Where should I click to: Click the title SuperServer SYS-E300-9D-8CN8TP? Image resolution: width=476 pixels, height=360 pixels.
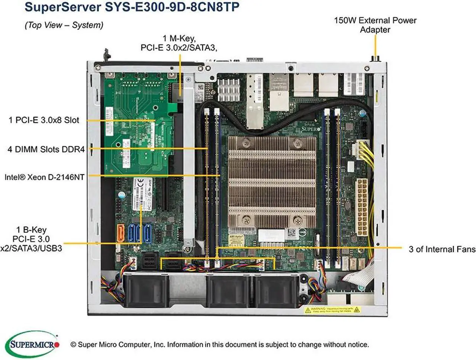132,7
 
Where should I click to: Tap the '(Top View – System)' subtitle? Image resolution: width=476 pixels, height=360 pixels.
64,25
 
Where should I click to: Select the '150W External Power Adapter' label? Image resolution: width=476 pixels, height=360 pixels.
375,25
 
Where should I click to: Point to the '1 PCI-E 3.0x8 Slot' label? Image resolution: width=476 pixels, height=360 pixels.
44,120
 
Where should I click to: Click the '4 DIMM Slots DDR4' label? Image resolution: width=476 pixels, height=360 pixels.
46,150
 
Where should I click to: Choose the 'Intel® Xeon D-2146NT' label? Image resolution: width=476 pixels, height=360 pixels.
44,177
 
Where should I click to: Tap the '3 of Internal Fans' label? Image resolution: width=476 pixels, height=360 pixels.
442,249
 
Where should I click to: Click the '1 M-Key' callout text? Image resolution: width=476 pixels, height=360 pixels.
179,43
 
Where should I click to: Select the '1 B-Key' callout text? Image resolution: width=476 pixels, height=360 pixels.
31,239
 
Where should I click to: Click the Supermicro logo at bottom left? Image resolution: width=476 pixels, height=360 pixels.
33,344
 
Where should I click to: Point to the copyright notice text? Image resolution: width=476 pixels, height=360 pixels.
219,345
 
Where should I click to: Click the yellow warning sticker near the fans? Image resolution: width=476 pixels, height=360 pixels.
332,309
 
